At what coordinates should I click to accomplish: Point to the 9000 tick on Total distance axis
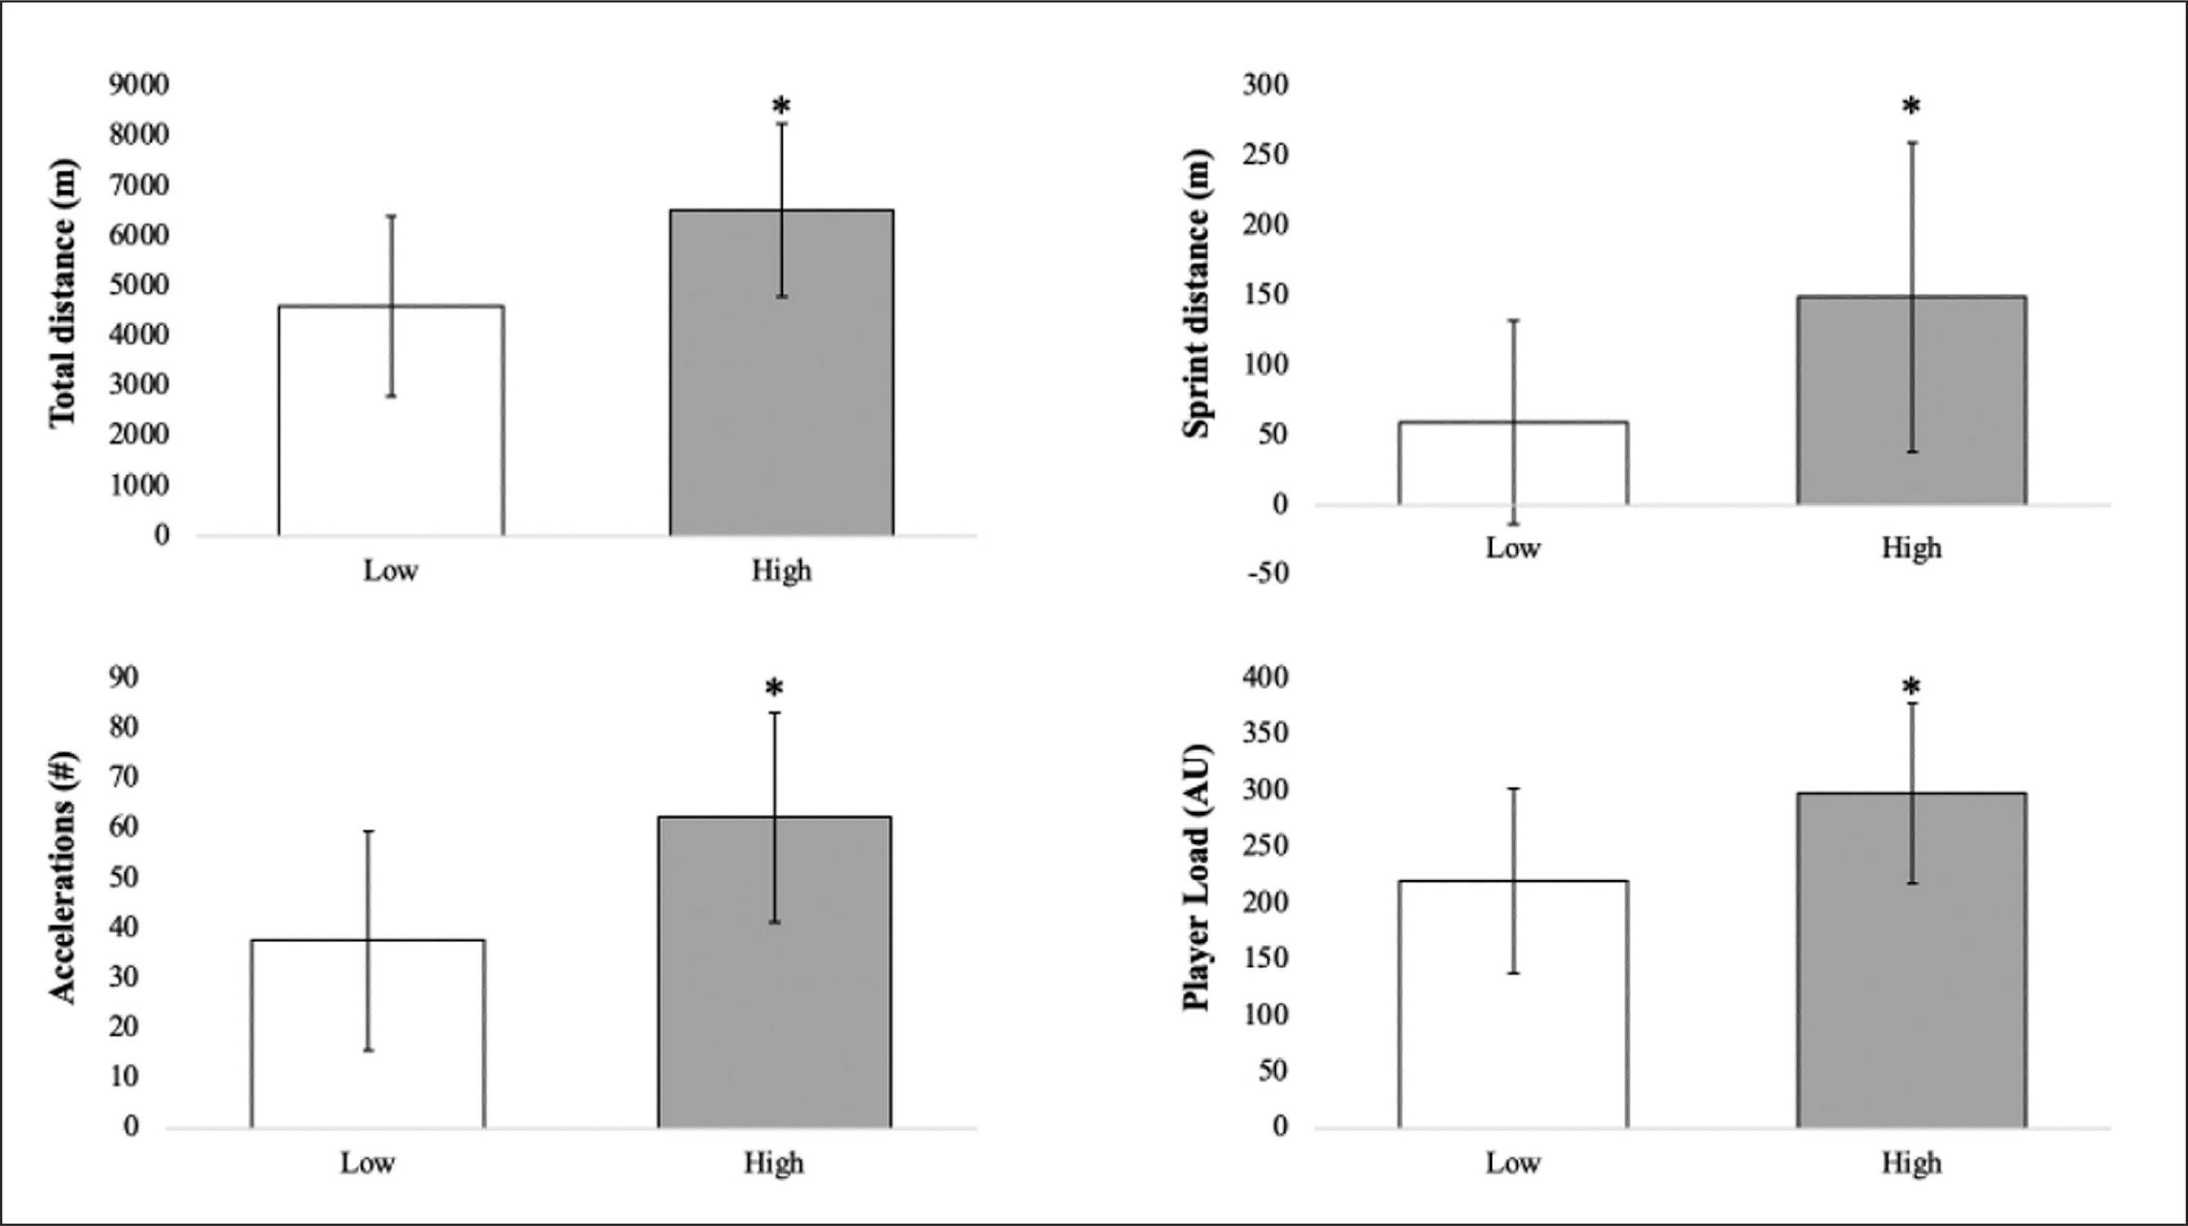(138, 85)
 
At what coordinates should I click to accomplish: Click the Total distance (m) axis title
(62, 293)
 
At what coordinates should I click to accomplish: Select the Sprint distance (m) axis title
(1196, 293)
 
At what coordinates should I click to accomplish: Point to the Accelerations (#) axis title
(62, 878)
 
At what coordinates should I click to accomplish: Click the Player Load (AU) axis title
(1196, 878)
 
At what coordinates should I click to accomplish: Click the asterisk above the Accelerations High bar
(774, 688)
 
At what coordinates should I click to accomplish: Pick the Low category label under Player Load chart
(1514, 1162)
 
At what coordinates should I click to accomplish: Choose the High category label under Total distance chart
(782, 571)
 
